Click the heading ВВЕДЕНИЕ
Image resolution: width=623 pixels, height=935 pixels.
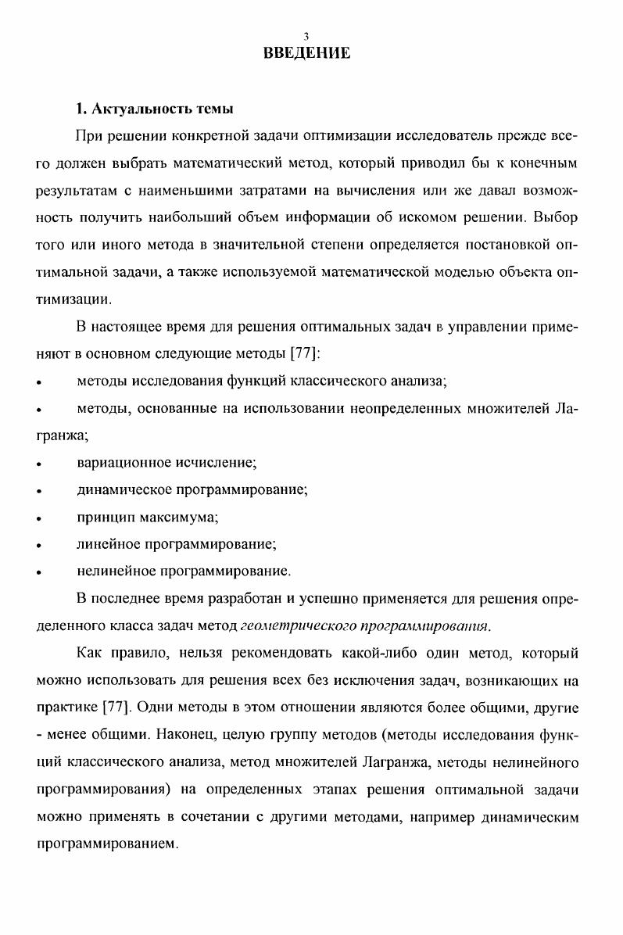click(x=307, y=53)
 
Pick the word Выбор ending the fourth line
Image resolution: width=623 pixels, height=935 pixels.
click(x=557, y=218)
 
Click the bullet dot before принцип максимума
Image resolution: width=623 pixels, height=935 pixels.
click(x=38, y=518)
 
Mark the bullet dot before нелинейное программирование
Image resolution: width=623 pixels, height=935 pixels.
click(x=38, y=572)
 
